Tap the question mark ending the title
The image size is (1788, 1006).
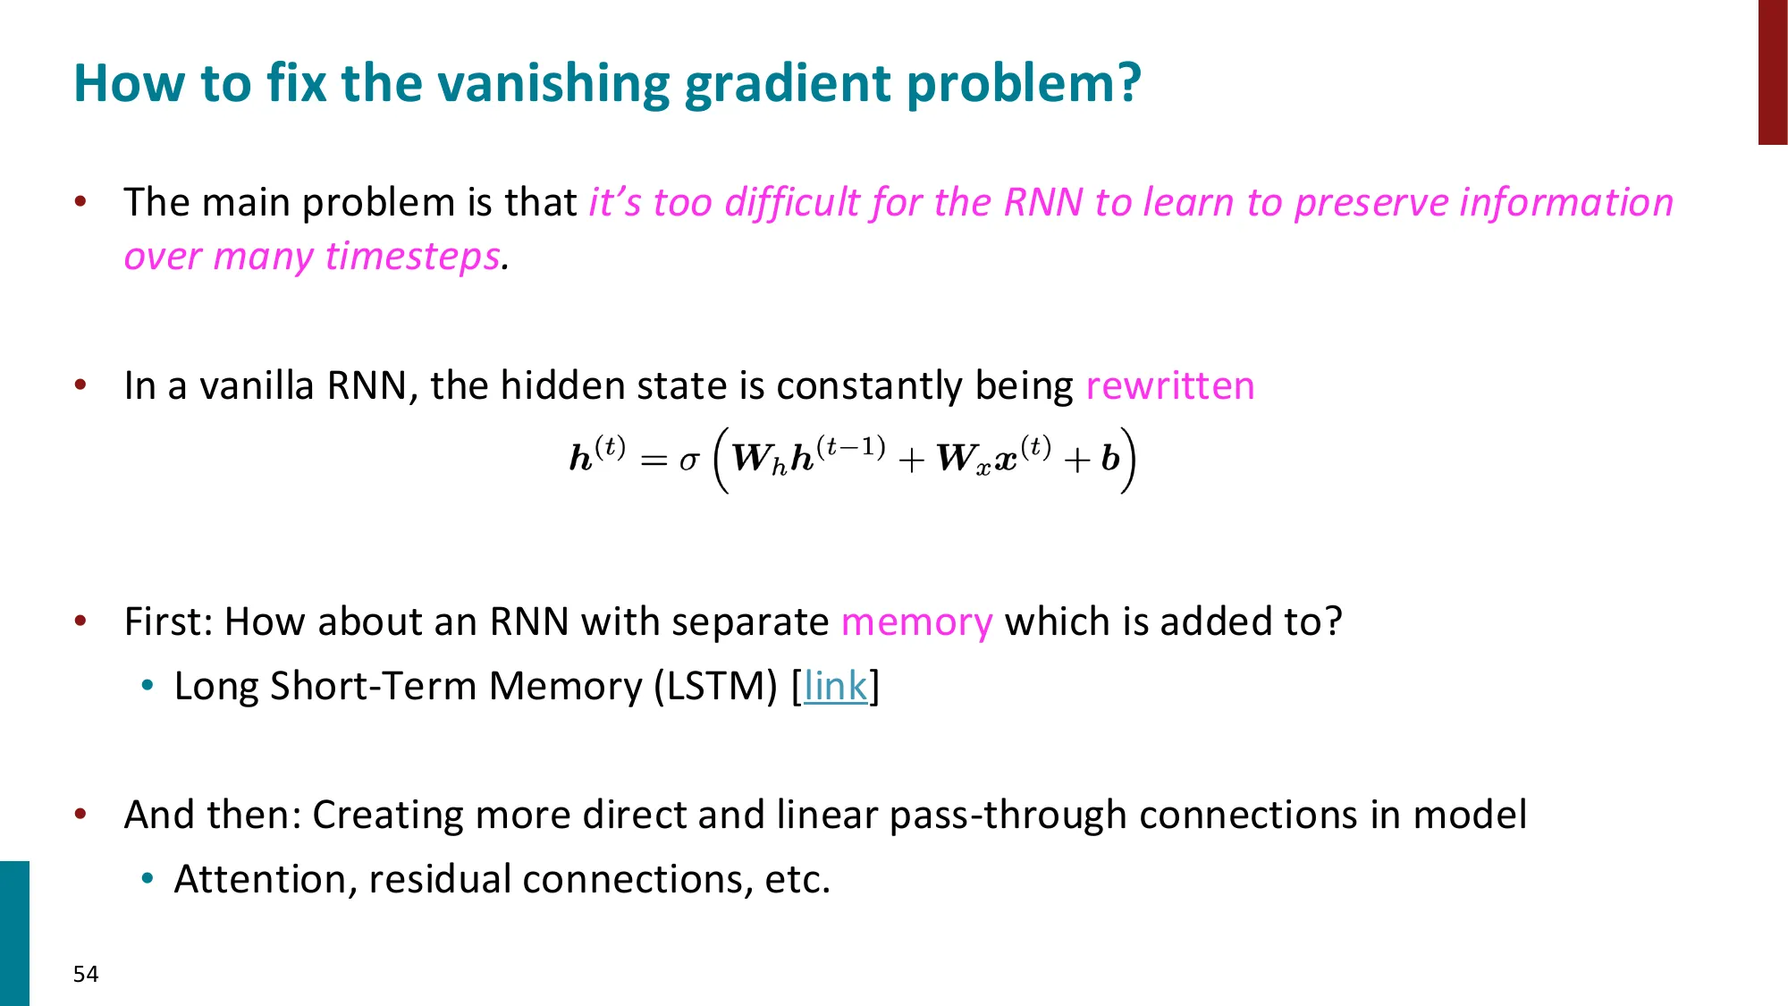pos(1129,83)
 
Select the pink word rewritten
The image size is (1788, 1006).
pos(1169,386)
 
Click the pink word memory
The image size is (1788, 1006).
pos(916,622)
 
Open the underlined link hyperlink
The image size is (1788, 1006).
pos(835,687)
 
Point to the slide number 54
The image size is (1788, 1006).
pos(86,974)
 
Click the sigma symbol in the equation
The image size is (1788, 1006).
pos(687,461)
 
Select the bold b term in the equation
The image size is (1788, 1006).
pos(1110,459)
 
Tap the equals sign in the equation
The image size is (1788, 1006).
pos(654,461)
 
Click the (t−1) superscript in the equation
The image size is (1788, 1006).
pos(850,445)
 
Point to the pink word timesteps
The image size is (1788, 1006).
pos(412,257)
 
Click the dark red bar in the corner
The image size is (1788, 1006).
pos(1773,72)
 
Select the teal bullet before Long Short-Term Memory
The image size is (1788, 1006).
pos(148,686)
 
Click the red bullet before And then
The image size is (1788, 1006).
pos(80,814)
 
